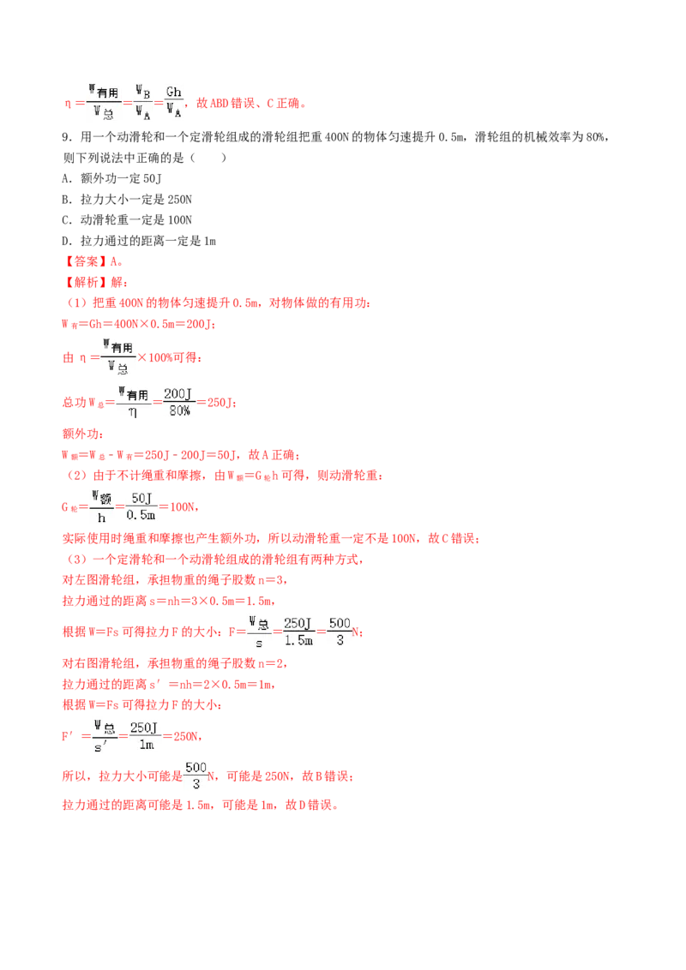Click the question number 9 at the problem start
pos(67,137)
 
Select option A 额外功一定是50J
pos(112,179)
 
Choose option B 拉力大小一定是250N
pos(127,200)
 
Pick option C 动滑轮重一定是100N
pos(127,220)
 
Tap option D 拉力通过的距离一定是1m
pos(139,242)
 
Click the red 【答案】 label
pos(86,261)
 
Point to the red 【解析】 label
pos(86,283)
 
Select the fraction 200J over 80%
pos(178,402)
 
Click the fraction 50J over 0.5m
pos(141,506)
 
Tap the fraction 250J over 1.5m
pos(298,632)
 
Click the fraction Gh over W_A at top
pos(174,103)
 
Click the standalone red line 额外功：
pos(83,434)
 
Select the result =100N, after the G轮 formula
pos(179,507)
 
